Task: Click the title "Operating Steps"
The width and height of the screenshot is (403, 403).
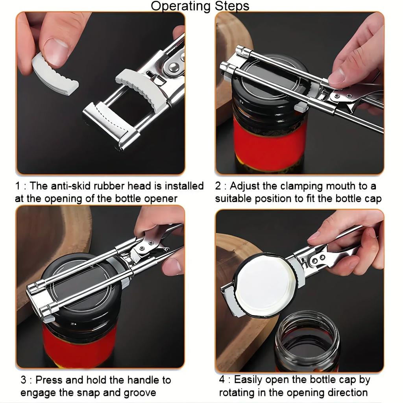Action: (200, 6)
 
